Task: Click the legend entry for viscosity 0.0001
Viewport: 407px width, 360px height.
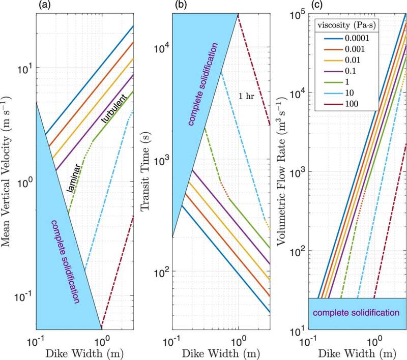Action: click(346, 38)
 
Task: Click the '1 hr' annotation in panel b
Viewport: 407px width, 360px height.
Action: click(246, 96)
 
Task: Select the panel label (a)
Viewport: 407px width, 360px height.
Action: click(44, 5)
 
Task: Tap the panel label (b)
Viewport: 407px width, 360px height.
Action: click(181, 5)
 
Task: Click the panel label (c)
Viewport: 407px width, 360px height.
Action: click(316, 5)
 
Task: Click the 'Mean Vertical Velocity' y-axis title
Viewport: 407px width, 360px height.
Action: click(6, 171)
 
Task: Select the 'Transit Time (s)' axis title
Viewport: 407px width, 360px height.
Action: click(145, 171)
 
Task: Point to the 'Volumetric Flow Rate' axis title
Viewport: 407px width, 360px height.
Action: click(281, 171)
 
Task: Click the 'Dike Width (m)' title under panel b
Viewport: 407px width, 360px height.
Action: click(221, 353)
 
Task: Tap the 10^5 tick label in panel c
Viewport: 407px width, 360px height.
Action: click(297, 16)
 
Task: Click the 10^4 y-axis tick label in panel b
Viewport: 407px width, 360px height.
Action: click(162, 48)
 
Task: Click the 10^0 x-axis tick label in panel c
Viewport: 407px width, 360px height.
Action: click(374, 342)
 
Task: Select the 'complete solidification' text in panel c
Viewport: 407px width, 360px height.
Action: click(356, 313)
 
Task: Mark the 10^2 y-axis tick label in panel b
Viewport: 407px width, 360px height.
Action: click(162, 272)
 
